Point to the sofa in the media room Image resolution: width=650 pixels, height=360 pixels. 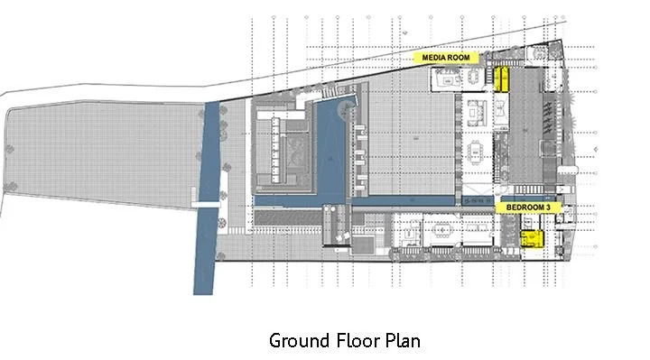[449, 80]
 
